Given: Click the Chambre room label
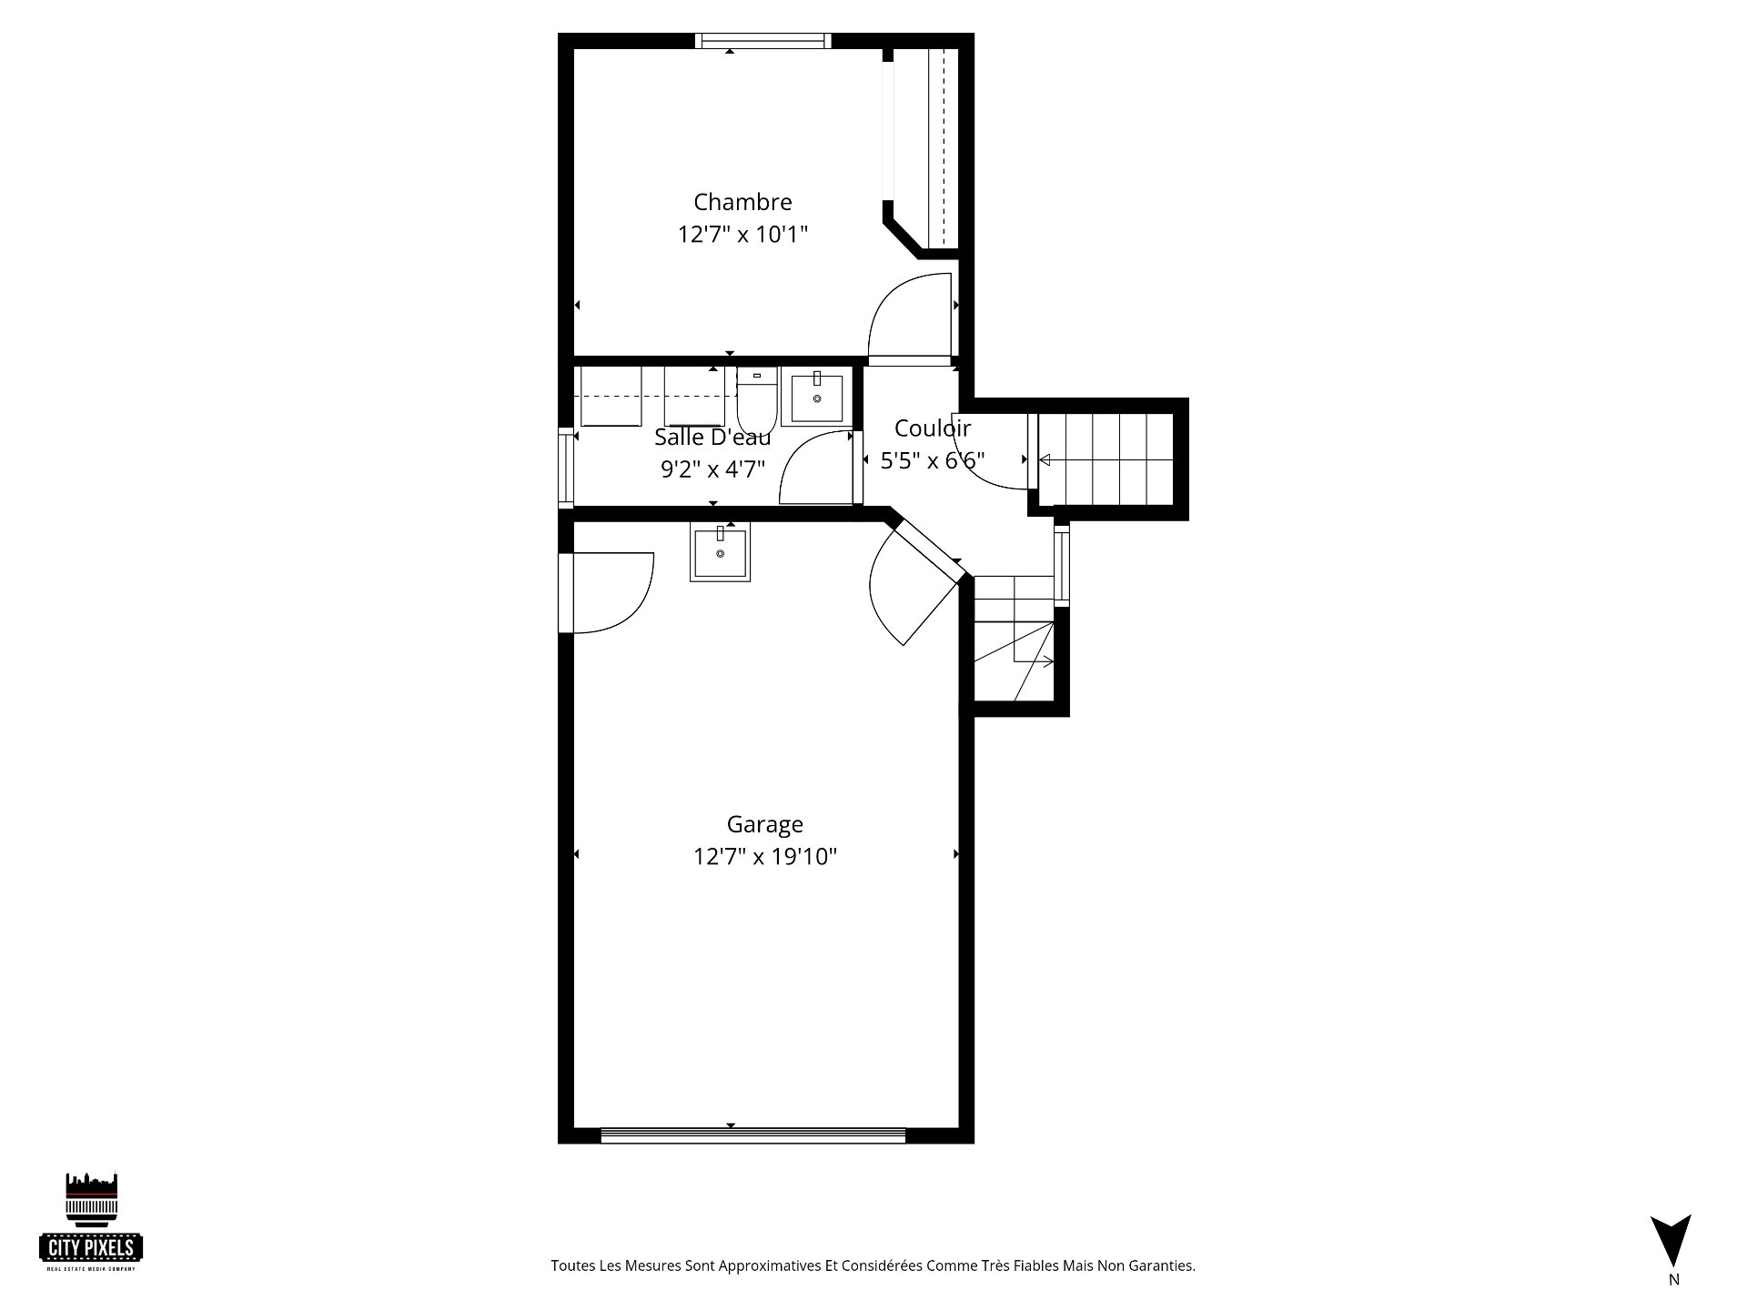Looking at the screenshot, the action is [742, 202].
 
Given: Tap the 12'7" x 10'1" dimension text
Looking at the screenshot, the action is [742, 235].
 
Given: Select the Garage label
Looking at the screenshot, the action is [764, 825].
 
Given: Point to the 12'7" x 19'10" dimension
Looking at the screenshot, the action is [764, 857].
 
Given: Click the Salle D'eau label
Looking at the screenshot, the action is [712, 438].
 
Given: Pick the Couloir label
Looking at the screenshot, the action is [933, 428].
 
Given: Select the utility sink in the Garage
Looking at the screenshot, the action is [720, 553].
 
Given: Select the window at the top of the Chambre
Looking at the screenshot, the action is [763, 40].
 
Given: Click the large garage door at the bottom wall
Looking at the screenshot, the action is [753, 1135].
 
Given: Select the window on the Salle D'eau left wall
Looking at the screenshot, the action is [566, 466].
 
